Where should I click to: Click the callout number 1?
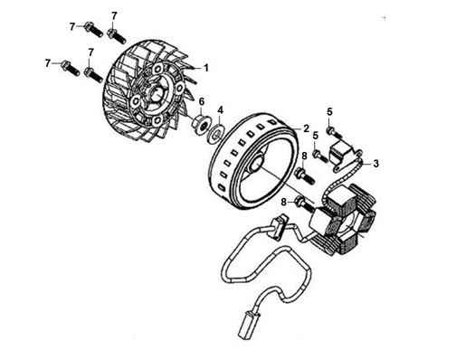coord(206,68)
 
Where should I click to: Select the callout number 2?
coord(306,128)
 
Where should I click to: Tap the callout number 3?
coord(375,164)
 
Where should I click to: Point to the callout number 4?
coord(221,110)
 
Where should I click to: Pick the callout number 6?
coord(202,101)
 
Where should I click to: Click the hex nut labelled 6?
coord(201,124)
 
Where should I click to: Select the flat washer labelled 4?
coord(217,133)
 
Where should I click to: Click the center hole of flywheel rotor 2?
coord(256,162)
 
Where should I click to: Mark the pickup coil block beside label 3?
coord(341,152)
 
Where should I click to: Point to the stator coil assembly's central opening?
coord(349,223)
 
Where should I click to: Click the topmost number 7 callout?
coord(114,15)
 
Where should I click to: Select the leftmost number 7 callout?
coord(47,63)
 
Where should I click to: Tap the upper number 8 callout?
coord(304,156)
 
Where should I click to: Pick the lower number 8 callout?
coord(283,202)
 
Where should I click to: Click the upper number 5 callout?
coord(329,112)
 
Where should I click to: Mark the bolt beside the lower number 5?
coord(320,156)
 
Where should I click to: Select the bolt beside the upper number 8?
coord(306,176)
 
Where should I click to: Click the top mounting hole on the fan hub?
coord(157,69)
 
